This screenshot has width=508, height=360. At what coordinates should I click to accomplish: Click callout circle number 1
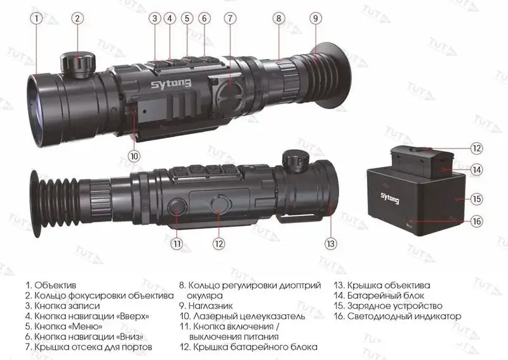[x=37, y=18]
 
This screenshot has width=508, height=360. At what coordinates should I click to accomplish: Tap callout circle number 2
[x=77, y=18]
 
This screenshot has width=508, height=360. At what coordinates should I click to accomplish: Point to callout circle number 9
[x=316, y=18]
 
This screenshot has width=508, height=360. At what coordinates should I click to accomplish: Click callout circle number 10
[x=133, y=154]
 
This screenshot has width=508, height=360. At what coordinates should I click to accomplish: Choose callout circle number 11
[x=177, y=243]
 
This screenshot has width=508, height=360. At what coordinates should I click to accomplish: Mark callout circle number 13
[x=330, y=243]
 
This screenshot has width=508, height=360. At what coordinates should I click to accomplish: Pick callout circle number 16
[x=477, y=222]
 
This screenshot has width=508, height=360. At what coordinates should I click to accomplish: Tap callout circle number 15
[x=477, y=198]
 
